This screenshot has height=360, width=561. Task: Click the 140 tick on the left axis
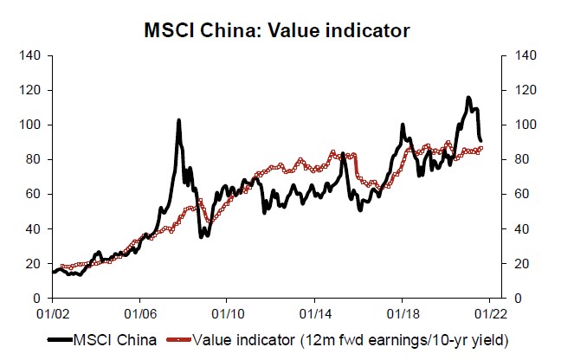pos(32,55)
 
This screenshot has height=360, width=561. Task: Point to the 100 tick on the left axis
pos(32,125)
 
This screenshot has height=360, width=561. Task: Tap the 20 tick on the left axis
pos(35,263)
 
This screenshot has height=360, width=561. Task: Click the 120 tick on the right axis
pos(512,90)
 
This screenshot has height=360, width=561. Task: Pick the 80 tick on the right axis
pos(509,159)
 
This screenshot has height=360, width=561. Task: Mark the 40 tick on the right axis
pos(509,228)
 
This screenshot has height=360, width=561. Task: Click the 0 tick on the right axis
pos(506,298)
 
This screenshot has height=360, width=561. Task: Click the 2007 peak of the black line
pos(178,120)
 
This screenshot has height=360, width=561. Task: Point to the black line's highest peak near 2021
pos(468,97)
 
